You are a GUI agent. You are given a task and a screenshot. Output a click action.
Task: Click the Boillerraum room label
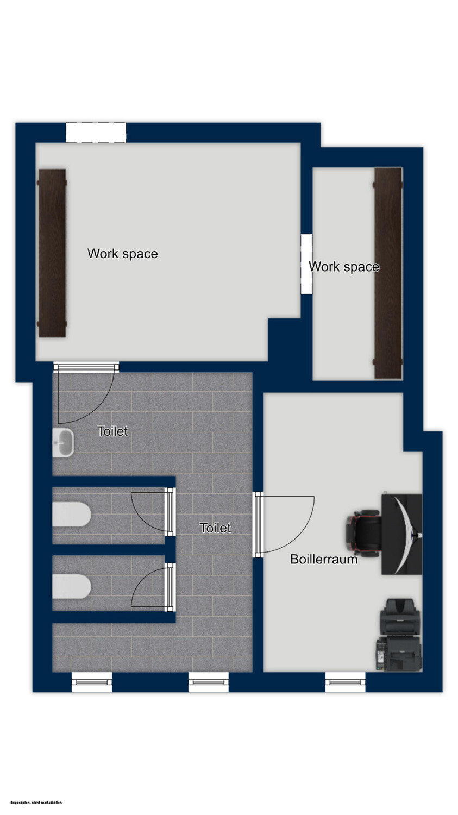coord(324,559)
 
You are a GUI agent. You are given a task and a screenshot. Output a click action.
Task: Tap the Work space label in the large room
coord(123,254)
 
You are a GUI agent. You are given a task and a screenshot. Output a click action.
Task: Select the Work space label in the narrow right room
coord(344,267)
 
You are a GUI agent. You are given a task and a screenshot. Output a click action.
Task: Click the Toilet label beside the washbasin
coord(113,431)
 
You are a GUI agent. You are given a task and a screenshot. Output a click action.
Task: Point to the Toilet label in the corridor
coord(215,528)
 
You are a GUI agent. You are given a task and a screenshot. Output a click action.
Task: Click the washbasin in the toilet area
coord(63,442)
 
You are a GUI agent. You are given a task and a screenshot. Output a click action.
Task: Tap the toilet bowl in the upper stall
coord(71,515)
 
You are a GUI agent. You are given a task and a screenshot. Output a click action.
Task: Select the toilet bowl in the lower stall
coord(71,586)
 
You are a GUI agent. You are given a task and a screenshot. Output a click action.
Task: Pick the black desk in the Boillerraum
coord(401,534)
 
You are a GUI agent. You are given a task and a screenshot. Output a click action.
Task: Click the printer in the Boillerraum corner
coord(399,635)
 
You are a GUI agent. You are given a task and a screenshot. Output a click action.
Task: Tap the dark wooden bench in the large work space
coord(52,253)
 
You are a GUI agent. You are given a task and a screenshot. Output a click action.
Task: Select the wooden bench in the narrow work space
coord(388,273)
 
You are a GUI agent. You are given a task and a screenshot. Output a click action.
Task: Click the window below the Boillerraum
coord(345,682)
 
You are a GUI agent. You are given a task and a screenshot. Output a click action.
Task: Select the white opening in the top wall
coord(96,133)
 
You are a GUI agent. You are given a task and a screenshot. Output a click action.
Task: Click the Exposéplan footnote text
coord(36,802)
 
